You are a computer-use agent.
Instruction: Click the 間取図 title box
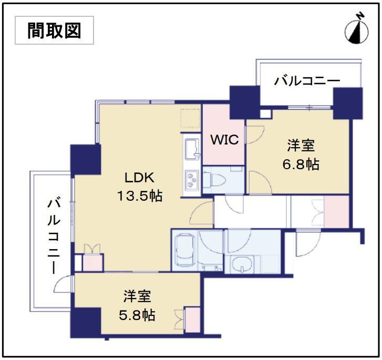pyautogui.click(x=54, y=30)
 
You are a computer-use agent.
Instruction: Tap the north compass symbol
pyautogui.click(x=356, y=30)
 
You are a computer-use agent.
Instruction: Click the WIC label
pyautogui.click(x=224, y=140)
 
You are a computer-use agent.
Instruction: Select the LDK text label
pyautogui.click(x=139, y=178)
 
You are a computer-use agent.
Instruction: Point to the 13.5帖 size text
pyautogui.click(x=140, y=196)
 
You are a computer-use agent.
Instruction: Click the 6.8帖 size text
pyautogui.click(x=301, y=164)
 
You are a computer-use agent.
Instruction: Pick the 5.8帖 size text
pyautogui.click(x=137, y=315)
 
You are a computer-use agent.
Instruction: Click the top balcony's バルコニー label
pyautogui.click(x=307, y=81)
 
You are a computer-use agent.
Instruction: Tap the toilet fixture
pyautogui.click(x=214, y=180)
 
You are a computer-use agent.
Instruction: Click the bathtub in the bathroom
pyautogui.click(x=185, y=250)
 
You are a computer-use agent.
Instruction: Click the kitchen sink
pyautogui.click(x=192, y=149)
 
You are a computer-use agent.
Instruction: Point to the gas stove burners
pyautogui.click(x=192, y=180)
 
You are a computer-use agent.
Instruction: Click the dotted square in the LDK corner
pyautogui.click(x=190, y=118)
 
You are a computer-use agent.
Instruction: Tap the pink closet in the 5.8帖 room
pyautogui.click(x=193, y=320)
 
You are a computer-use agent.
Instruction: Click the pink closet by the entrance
pyautogui.click(x=336, y=211)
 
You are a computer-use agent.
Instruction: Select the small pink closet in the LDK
pyautogui.click(x=92, y=263)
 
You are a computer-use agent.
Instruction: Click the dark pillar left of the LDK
pyautogui.click(x=86, y=159)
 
